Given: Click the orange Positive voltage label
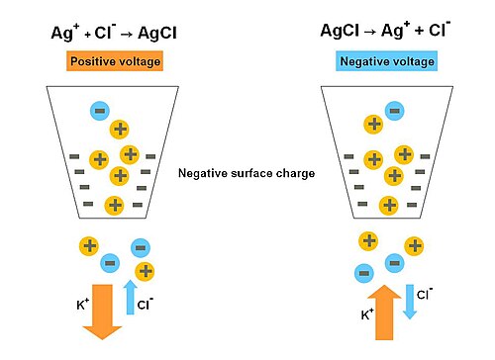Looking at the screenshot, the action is pyautogui.click(x=115, y=61).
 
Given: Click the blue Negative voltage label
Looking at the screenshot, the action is pyautogui.click(x=387, y=61).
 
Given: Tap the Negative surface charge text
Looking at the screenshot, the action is pyautogui.click(x=247, y=173).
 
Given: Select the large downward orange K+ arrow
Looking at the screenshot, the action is pyautogui.click(x=102, y=312).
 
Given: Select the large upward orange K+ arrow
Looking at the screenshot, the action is pyautogui.click(x=384, y=313).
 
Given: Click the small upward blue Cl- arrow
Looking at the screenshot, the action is pyautogui.click(x=131, y=297).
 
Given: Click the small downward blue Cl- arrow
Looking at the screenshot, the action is pyautogui.click(x=410, y=302).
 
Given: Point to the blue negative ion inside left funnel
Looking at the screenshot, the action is pyautogui.click(x=100, y=111).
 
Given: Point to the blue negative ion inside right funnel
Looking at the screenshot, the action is pyautogui.click(x=395, y=111).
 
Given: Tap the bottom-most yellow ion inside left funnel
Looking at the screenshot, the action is pyautogui.click(x=114, y=206).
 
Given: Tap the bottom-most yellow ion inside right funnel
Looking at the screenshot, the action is pyautogui.click(x=389, y=206).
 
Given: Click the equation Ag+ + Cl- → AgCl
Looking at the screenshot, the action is pyautogui.click(x=114, y=33).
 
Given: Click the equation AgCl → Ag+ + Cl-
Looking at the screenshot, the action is pyautogui.click(x=385, y=31).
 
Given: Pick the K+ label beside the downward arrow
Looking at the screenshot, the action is pyautogui.click(x=82, y=304).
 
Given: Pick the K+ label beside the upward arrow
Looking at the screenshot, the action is pyautogui.click(x=367, y=315).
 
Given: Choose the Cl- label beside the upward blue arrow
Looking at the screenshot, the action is pyautogui.click(x=146, y=304).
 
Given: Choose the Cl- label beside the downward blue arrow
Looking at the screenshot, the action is pyautogui.click(x=425, y=294).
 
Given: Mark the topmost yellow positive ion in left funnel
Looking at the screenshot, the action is pyautogui.click(x=119, y=130).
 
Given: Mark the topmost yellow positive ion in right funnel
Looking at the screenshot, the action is pyautogui.click(x=373, y=125).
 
